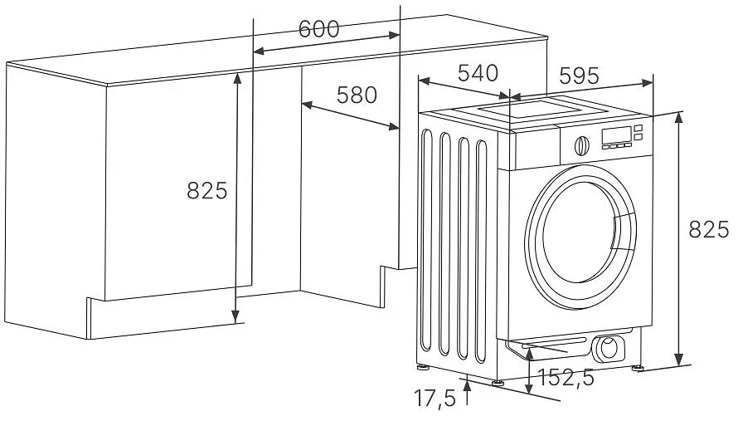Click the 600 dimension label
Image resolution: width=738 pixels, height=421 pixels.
pos(319,29)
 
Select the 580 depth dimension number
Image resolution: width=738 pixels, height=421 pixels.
pos(357,95)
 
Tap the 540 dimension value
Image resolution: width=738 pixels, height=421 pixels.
pos(478,73)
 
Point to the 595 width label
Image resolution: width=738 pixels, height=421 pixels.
pos(579,76)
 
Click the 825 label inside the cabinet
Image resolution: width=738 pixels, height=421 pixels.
pos(206,191)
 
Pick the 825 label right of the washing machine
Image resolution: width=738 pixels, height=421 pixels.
pos(709,231)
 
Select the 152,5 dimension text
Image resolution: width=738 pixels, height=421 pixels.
pos(566,378)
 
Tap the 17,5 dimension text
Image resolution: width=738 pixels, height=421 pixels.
pos(435,399)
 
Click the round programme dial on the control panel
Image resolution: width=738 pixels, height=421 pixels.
pos(582,144)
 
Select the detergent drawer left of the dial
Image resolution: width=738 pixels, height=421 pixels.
pos(537,149)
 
